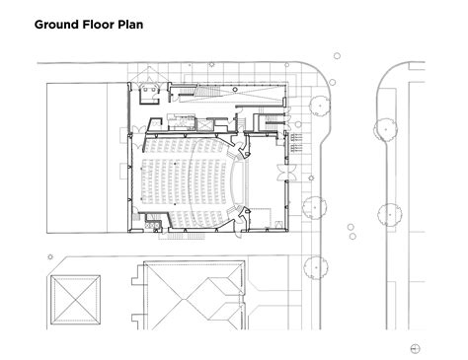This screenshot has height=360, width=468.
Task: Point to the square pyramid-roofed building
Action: pos(76,301)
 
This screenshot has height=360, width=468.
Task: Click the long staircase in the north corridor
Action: pos(203,95)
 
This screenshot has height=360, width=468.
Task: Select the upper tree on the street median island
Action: pos(381,128)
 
